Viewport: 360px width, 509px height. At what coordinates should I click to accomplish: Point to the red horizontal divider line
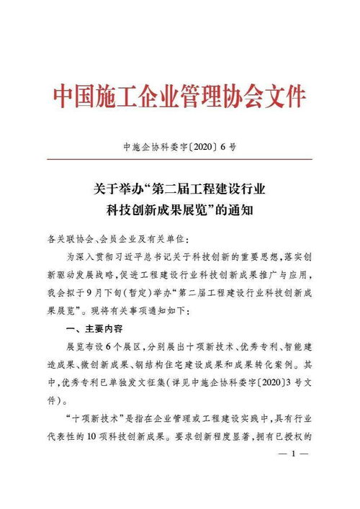[180, 158]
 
